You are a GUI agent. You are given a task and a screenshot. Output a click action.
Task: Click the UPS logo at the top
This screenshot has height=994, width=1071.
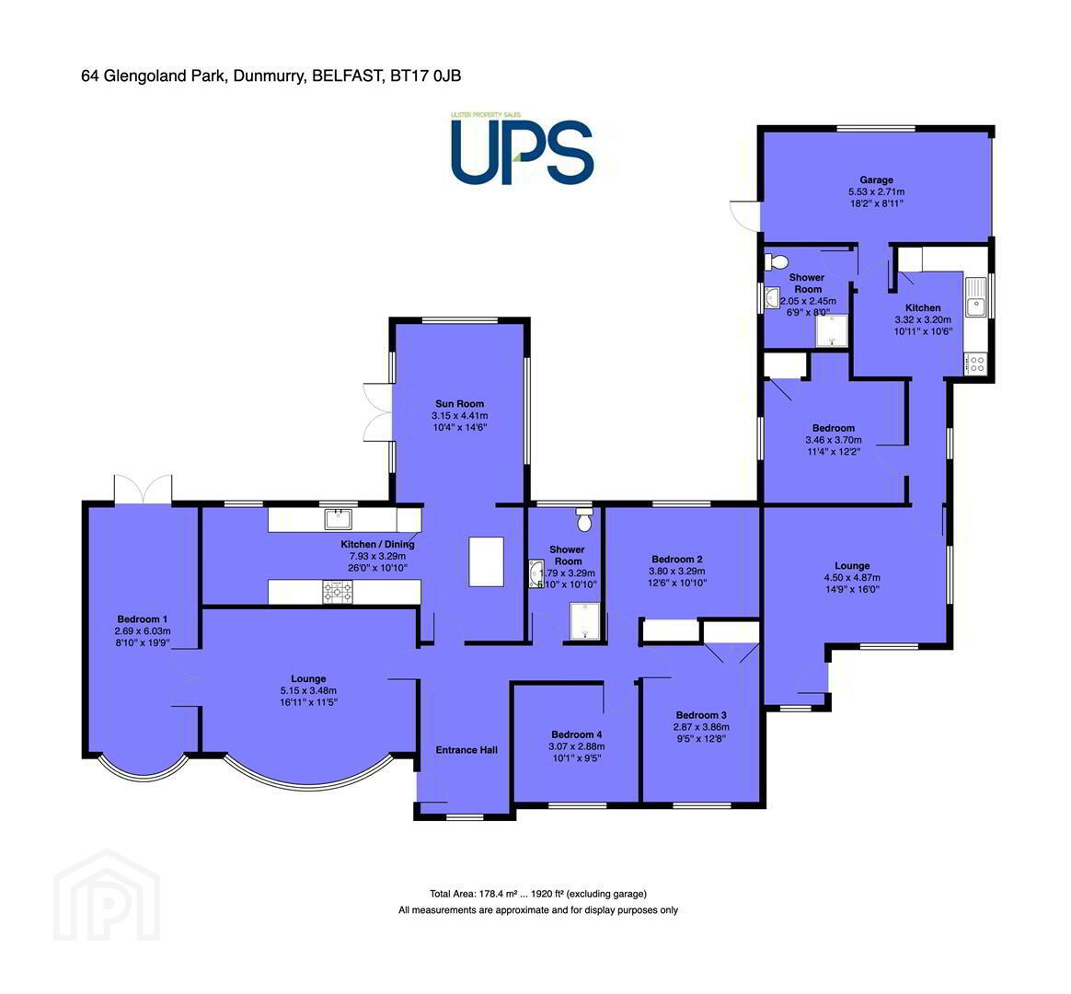521,150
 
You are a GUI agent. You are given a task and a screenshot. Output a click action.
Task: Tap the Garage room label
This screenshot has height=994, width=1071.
876,180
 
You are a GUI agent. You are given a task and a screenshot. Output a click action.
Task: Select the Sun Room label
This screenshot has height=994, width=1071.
459,404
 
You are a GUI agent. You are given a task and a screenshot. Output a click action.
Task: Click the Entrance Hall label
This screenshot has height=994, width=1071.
466,750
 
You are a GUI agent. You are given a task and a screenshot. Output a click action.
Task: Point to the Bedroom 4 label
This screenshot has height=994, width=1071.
577,734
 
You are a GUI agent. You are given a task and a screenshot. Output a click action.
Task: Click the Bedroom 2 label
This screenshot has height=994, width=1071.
677,560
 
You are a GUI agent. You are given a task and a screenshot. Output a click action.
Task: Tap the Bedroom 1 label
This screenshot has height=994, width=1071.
142,619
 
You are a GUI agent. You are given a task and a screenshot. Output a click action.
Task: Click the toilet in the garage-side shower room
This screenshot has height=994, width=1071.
777,261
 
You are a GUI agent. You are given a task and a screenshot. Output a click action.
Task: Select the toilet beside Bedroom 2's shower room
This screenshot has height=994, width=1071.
584,520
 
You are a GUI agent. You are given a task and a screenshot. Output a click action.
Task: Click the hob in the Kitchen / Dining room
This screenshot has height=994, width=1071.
338,592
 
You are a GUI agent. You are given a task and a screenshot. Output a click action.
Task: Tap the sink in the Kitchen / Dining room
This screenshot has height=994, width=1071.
338,519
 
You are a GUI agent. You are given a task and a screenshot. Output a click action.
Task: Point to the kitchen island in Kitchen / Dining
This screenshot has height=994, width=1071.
487,561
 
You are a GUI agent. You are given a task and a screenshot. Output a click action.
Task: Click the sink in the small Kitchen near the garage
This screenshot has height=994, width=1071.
976,298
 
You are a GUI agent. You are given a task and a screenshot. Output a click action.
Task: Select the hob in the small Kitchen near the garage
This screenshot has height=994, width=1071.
976,364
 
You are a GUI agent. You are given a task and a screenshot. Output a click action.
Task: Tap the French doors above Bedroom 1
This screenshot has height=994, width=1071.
143,489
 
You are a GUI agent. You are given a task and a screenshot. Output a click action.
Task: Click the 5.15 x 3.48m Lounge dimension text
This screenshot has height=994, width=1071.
308,690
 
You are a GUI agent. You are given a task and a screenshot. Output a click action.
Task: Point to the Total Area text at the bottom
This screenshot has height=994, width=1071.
538,894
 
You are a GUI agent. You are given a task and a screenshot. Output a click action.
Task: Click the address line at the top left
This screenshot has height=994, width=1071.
271,75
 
